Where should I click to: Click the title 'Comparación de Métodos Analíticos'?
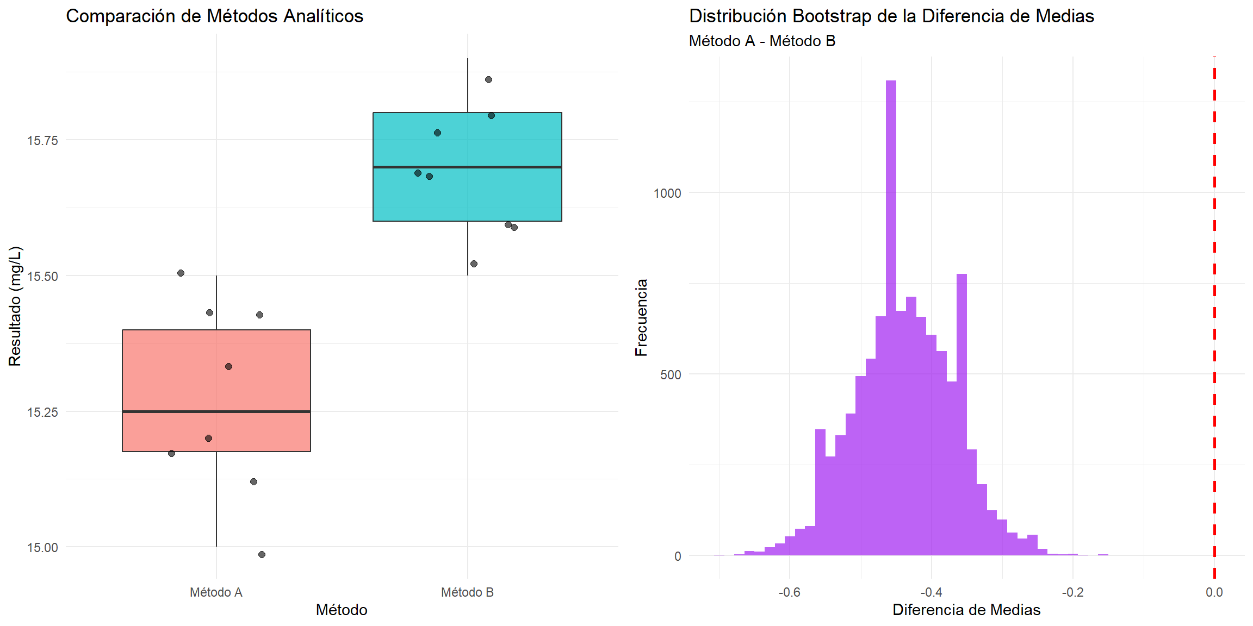(214, 16)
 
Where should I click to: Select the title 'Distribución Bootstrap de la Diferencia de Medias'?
(891, 16)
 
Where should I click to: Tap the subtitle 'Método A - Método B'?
(762, 41)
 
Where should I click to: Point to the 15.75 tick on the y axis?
(42, 141)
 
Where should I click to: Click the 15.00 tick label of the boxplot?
(42, 548)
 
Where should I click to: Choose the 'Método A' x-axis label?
(216, 592)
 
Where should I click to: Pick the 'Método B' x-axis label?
(467, 592)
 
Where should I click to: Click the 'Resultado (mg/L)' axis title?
(15, 306)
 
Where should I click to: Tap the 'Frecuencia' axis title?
(642, 317)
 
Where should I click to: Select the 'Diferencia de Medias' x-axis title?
(966, 610)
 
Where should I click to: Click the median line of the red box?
(216, 411)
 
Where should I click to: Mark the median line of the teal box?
(467, 167)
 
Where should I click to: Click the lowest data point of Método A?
(262, 554)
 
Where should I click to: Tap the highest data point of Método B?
(488, 80)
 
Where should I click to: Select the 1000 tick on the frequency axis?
(667, 193)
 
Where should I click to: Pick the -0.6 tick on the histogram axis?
(789, 592)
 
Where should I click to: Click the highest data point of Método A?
(181, 273)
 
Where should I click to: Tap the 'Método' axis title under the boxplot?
(342, 610)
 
